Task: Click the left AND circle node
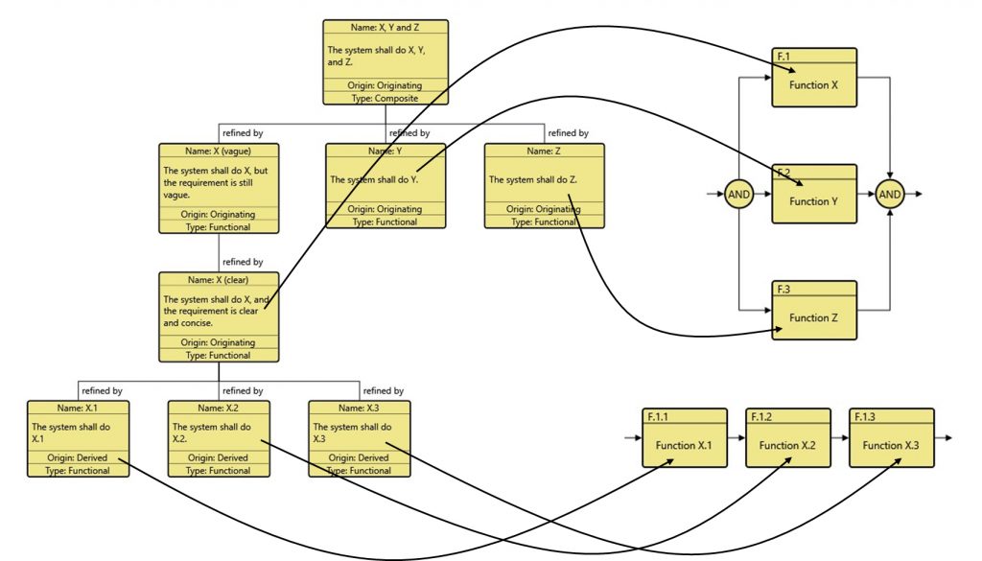click(x=738, y=194)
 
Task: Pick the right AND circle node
click(x=890, y=194)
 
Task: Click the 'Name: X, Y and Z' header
click(x=385, y=27)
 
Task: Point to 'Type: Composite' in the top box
click(x=385, y=98)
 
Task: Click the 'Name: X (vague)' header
click(x=219, y=151)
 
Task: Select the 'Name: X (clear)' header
click(x=219, y=280)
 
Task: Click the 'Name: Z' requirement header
click(x=545, y=151)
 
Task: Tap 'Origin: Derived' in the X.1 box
click(x=78, y=458)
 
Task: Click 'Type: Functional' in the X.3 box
click(x=360, y=471)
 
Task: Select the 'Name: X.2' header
click(x=219, y=408)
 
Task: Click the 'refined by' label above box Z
click(x=568, y=133)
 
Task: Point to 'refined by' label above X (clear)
click(x=243, y=262)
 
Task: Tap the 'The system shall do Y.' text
click(x=374, y=179)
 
